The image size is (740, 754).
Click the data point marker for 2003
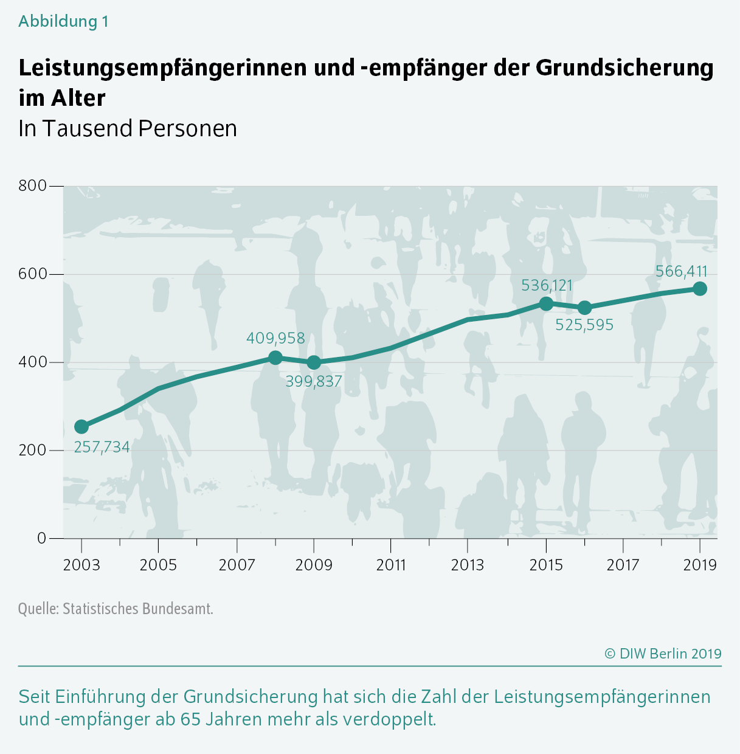81,427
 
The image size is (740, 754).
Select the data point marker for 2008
275,358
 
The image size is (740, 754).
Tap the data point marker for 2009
314,362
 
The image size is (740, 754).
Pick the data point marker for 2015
546,303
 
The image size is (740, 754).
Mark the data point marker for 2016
584,308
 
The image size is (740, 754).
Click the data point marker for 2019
700,289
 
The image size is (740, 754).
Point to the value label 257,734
102,448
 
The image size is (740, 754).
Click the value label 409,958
275,338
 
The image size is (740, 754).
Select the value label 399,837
314,382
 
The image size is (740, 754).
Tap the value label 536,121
547,285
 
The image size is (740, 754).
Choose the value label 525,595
584,325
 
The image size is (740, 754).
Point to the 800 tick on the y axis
33,185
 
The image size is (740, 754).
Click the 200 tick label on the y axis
33,450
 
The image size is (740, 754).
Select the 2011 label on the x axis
390,565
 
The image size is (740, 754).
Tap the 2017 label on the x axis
623,565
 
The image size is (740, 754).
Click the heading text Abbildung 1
63,21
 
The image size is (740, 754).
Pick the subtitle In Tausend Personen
128,128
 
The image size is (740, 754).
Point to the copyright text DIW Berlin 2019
663,654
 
